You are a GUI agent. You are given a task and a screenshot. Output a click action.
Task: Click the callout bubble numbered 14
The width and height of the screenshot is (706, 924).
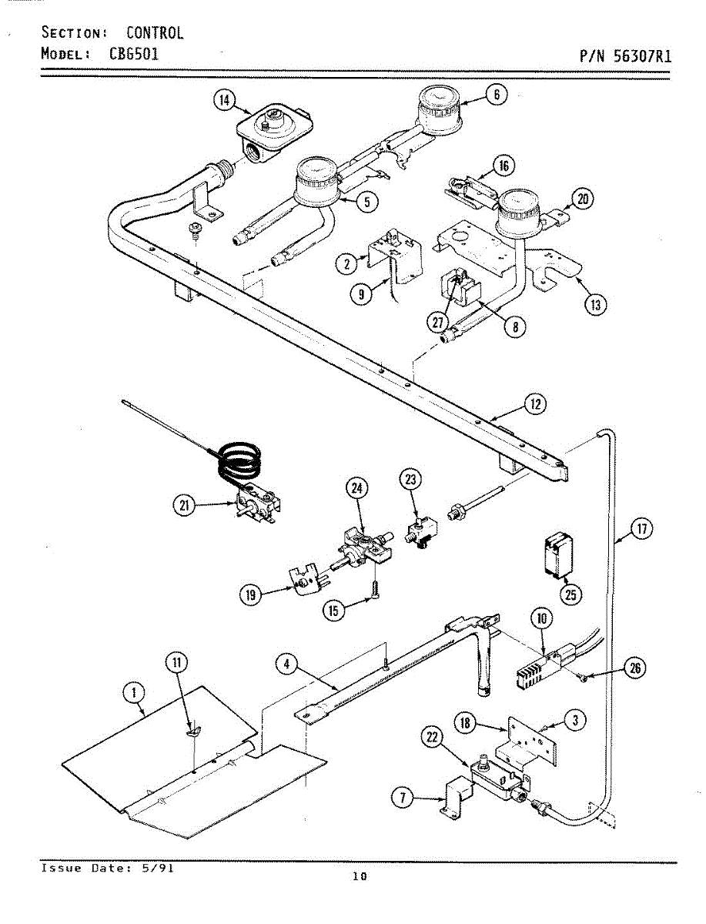pos(223,100)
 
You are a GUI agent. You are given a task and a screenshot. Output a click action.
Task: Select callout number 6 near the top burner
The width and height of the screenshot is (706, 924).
pos(497,94)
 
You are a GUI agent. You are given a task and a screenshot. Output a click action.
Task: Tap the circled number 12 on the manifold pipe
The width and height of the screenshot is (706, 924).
pos(534,403)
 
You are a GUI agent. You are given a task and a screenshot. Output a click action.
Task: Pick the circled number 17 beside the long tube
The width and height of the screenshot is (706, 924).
pos(641,528)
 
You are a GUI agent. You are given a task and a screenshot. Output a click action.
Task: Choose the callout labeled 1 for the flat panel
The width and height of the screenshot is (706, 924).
pos(134,693)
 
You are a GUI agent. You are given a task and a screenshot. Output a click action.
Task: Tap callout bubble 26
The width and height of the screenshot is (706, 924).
pos(634,668)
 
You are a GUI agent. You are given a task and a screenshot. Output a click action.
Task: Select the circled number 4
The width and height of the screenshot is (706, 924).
pos(286,663)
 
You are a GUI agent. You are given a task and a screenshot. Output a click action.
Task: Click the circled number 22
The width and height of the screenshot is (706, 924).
pos(432,738)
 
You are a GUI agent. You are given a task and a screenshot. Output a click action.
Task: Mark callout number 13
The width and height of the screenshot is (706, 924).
pos(594,304)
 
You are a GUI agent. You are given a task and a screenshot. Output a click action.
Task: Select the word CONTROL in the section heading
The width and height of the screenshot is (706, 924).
pos(155,33)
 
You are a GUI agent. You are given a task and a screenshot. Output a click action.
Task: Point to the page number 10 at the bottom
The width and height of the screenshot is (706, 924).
pos(359,875)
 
